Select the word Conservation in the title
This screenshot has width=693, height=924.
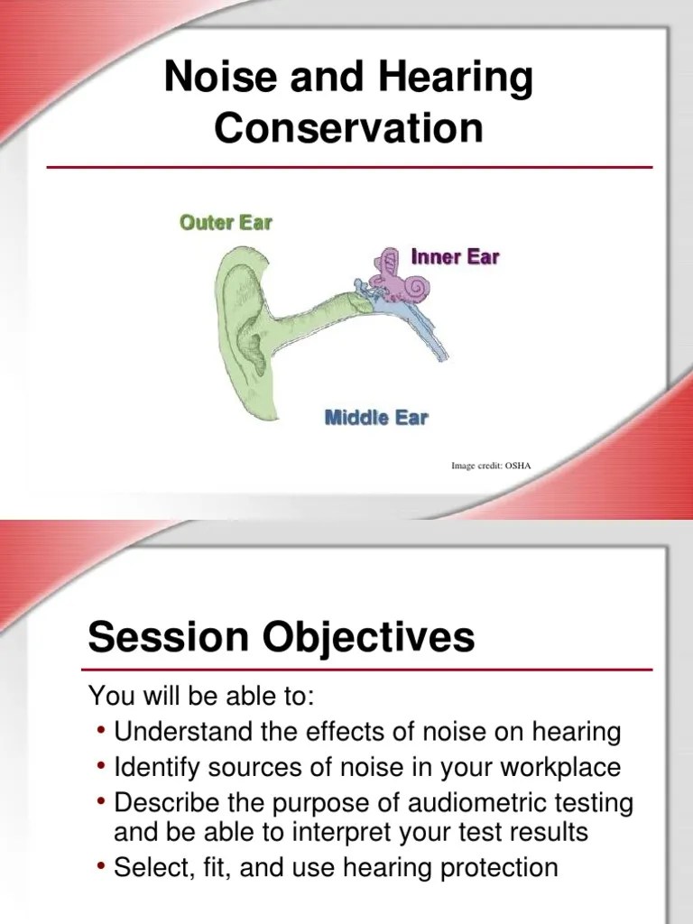pyautogui.click(x=348, y=128)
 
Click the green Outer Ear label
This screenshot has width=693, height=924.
pyautogui.click(x=226, y=222)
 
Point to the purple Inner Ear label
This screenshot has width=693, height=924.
pyautogui.click(x=455, y=256)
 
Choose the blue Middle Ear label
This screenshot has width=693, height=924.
pyautogui.click(x=375, y=417)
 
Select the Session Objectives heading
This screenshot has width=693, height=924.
pyautogui.click(x=281, y=639)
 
